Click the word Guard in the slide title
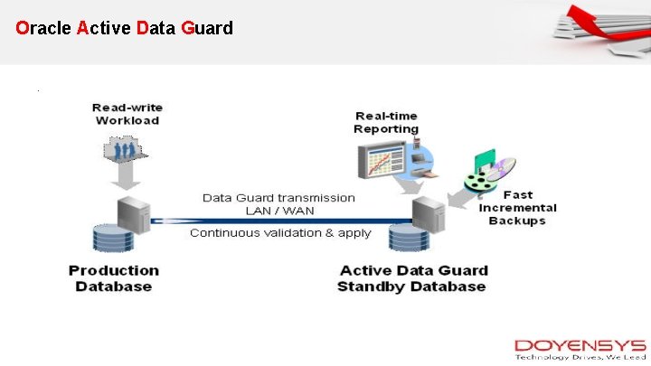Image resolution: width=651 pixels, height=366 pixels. point(206,28)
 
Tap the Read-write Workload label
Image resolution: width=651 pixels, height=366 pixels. point(127,114)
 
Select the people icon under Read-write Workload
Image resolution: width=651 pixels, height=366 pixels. point(126,146)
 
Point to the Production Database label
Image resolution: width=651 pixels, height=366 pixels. point(114,278)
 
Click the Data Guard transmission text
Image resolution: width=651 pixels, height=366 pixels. point(278,197)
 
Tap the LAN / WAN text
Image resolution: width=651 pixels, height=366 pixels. point(279,211)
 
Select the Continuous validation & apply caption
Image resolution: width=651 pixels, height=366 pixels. point(280,233)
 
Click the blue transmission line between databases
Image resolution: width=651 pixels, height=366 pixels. point(280,221)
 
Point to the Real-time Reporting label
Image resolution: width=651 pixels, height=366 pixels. point(386,122)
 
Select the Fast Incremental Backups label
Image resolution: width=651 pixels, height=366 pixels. point(517,208)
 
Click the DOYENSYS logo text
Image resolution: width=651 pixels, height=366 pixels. point(580,345)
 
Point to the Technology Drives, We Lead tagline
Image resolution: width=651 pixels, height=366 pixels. point(580,357)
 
